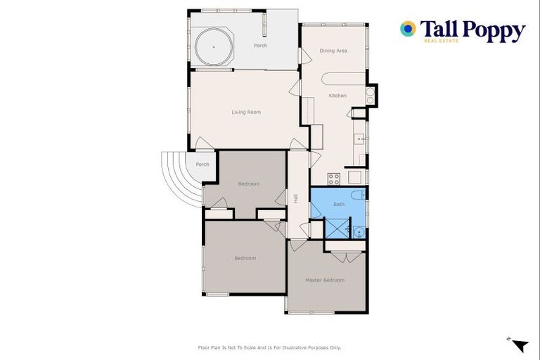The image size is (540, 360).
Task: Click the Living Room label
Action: pyautogui.click(x=246, y=112)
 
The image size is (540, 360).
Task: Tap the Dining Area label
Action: pyautogui.click(x=333, y=51)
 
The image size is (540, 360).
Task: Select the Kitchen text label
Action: pyautogui.click(x=337, y=96)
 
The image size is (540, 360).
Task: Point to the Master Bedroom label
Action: pyautogui.click(x=325, y=280)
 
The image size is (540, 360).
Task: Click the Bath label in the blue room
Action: pyautogui.click(x=339, y=205)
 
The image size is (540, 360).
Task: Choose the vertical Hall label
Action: pyautogui.click(x=295, y=199)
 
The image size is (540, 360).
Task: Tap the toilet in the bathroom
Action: pyautogui.click(x=356, y=195)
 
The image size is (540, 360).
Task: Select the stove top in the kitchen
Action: pyautogui.click(x=334, y=179)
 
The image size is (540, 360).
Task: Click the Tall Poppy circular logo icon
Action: pyautogui.click(x=408, y=29)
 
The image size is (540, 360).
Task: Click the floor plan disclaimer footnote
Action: pyautogui.click(x=269, y=347)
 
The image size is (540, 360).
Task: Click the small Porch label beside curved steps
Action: pyautogui.click(x=202, y=165)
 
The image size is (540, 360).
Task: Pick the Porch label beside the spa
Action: pyautogui.click(x=260, y=46)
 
